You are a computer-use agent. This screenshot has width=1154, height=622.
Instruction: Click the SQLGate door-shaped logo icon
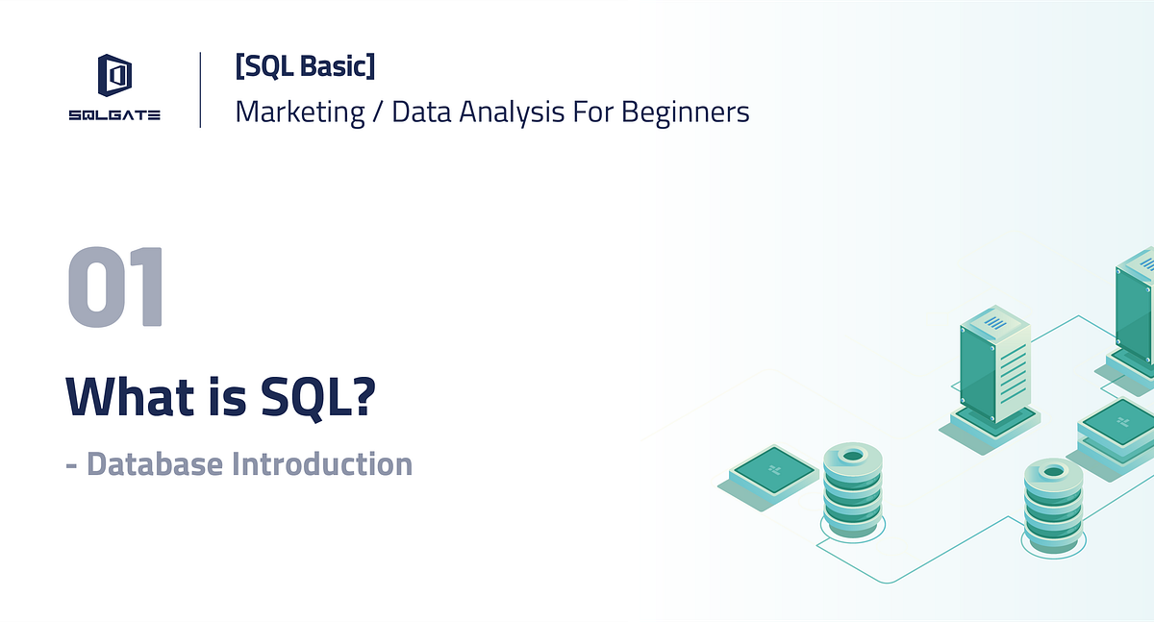114,76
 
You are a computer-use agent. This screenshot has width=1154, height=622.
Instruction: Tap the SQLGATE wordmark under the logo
114,115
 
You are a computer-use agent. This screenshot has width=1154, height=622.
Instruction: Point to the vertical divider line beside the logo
200,89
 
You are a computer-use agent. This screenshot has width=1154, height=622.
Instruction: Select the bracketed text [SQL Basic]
305,66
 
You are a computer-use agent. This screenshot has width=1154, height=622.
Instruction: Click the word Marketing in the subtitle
300,112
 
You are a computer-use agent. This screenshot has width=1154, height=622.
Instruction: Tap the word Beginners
685,112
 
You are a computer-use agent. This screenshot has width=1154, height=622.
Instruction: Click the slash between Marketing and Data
378,112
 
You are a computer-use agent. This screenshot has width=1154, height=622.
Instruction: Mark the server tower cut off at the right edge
1135,312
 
